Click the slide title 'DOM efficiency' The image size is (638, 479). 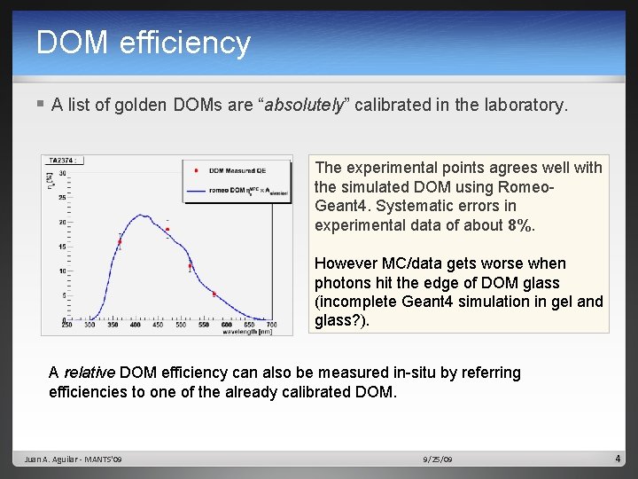click(x=144, y=43)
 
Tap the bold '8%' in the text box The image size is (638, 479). click(x=521, y=225)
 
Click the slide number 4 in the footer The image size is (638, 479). click(x=618, y=459)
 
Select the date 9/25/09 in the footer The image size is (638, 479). click(x=438, y=459)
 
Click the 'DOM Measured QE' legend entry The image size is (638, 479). click(x=236, y=170)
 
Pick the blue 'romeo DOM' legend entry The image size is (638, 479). click(x=236, y=189)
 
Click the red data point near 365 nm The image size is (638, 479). click(x=120, y=241)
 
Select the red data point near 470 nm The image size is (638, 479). click(x=167, y=230)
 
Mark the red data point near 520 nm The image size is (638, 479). click(x=190, y=264)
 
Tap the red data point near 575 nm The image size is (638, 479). click(x=214, y=294)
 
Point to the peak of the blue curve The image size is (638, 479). click(x=147, y=219)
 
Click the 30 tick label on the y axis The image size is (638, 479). click(x=62, y=173)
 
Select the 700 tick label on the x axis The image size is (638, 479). click(x=271, y=326)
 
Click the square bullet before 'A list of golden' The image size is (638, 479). click(x=42, y=105)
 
